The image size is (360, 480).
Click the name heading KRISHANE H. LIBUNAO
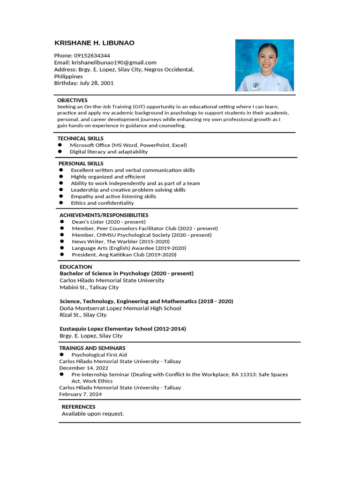[94, 43]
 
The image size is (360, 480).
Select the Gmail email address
[113, 62]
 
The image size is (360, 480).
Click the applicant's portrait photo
[264, 65]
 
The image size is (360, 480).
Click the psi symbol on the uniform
[255, 85]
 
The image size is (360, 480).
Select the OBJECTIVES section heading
[72, 100]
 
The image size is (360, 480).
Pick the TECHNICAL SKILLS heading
[80, 138]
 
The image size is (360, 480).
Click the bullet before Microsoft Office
[60, 145]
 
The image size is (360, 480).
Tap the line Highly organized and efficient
[108, 177]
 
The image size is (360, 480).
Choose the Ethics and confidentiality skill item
[102, 203]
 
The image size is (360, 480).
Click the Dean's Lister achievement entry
[108, 222]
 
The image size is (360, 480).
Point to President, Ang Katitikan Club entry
[124, 255]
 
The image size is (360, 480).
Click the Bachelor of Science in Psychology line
[127, 273]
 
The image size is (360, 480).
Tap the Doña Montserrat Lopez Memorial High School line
[120, 308]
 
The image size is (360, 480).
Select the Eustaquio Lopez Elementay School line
[123, 329]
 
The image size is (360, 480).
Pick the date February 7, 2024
[80, 394]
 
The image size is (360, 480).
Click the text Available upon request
[93, 414]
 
